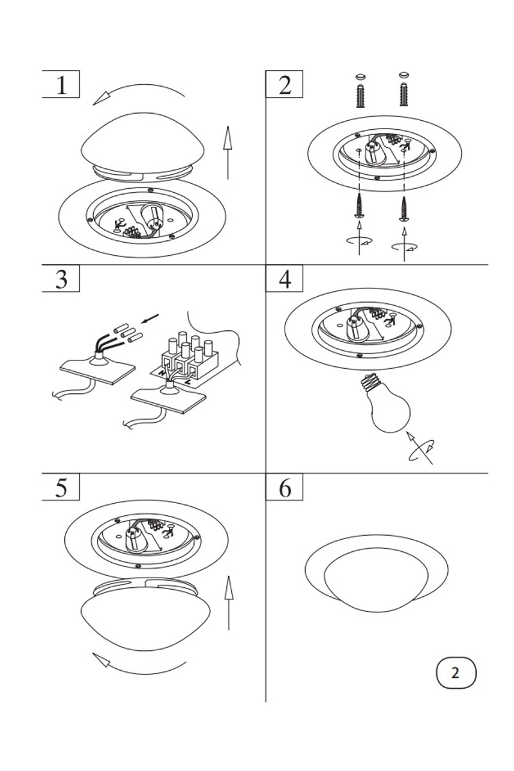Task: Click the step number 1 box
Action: [60, 84]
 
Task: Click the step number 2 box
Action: [285, 84]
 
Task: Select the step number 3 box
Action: [60, 279]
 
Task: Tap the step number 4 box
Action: [285, 279]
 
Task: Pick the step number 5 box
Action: [60, 488]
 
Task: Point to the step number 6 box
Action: [285, 488]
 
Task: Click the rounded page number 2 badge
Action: [456, 673]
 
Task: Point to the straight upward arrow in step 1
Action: [227, 152]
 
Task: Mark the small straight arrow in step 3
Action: [149, 319]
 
